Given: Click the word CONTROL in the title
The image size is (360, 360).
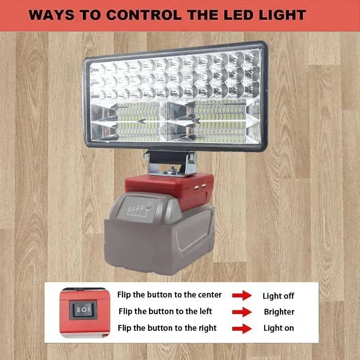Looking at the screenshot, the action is [x=144, y=15].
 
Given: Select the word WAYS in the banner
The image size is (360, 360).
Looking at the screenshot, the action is [x=51, y=15].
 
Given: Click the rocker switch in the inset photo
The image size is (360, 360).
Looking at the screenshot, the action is [x=83, y=310].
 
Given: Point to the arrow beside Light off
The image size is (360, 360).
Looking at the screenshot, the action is [x=242, y=295].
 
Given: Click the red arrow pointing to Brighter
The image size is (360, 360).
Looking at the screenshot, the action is [x=242, y=312].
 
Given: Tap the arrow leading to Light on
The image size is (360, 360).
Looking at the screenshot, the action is [x=242, y=328].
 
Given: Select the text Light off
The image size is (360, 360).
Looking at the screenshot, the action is [x=278, y=296].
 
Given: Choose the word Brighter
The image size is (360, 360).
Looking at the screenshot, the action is [x=279, y=312].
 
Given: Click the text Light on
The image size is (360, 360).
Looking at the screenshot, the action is [x=279, y=328].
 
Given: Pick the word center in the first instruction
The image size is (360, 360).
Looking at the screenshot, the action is [x=210, y=295].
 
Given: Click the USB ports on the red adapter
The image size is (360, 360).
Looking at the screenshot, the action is [x=200, y=187].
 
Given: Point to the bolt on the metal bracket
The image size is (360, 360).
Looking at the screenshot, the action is [x=171, y=170].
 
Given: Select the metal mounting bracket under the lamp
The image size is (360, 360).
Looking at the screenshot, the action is [x=170, y=163].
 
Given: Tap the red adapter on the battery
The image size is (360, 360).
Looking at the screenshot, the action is [x=170, y=189].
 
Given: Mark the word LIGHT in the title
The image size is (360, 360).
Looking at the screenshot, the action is [x=283, y=15].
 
